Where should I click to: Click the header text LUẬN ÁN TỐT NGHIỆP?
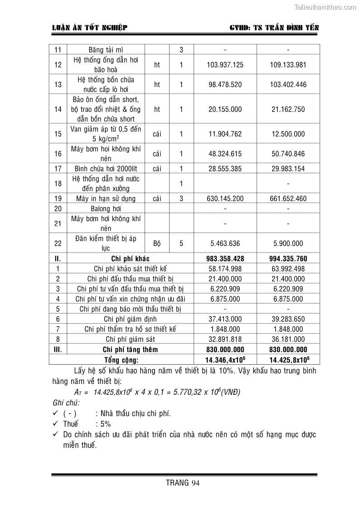[90, 28]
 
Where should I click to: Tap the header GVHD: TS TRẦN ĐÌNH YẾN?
[275, 28]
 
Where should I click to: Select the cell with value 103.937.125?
[225, 65]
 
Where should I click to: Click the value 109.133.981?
[288, 65]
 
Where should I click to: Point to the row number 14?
[58, 109]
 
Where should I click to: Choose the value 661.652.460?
[288, 199]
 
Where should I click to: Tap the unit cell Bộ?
[157, 243]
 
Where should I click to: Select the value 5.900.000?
[288, 243]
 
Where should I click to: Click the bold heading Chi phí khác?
[130, 259]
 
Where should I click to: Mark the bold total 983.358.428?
[225, 259]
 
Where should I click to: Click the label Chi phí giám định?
[130, 319]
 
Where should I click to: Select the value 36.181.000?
[288, 339]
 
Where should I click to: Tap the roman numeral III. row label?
[58, 349]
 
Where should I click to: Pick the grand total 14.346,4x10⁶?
[225, 359]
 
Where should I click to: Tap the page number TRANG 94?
[183, 482]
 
